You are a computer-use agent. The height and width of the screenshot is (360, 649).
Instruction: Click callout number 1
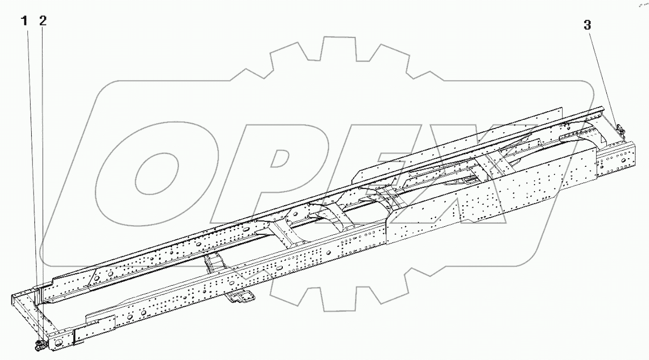coord(23,21)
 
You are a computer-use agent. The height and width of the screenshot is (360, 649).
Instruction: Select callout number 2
coord(43,21)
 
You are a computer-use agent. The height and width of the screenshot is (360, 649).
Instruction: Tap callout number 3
coord(588,25)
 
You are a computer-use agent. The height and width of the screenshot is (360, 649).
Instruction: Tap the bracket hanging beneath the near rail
coord(240,297)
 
